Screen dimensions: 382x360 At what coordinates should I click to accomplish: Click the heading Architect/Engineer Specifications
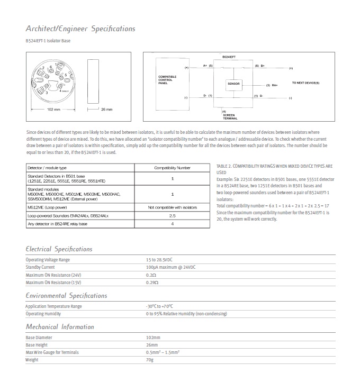[80, 29]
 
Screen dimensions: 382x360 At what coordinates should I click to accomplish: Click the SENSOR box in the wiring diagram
[233, 84]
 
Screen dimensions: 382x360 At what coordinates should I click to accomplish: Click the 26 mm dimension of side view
[106, 110]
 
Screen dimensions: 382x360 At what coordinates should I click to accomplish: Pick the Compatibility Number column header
[172, 167]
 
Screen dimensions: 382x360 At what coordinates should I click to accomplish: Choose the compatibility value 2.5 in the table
[172, 216]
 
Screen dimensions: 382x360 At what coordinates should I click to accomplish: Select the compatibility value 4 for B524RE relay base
[172, 225]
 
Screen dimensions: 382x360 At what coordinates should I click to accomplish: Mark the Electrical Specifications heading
[59, 249]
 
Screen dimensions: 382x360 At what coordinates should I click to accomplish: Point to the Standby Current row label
[41, 267]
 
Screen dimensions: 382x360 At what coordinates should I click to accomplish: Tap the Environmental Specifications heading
[66, 295]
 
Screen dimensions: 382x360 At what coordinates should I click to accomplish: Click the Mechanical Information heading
[60, 326]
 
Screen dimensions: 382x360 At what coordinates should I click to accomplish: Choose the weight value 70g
[150, 360]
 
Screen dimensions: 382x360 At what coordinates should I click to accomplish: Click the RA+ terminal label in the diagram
[275, 85]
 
